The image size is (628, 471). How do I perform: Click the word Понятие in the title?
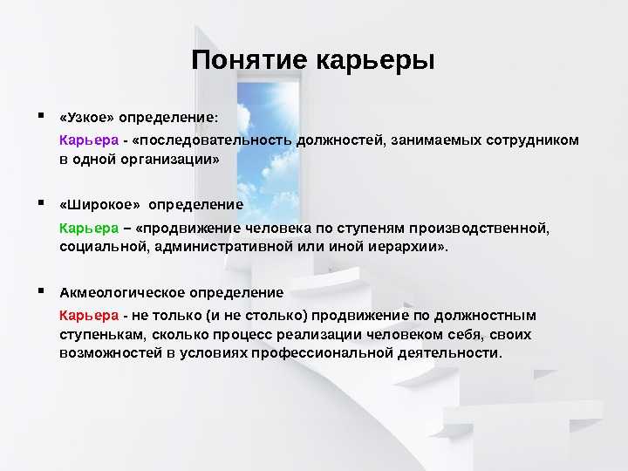249,60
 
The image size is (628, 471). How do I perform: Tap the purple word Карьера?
89,140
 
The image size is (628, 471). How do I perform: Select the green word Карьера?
89,229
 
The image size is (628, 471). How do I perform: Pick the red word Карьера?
89,316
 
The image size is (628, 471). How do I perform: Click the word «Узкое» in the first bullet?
87,118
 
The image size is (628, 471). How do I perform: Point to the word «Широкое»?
99,205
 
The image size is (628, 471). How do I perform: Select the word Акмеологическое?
122,292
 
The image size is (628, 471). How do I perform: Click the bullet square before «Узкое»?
41,116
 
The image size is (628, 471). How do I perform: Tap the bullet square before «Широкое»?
41,202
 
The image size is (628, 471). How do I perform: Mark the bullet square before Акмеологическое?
41,290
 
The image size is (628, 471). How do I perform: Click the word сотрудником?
533,140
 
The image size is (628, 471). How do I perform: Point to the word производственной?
479,229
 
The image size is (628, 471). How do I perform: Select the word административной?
224,247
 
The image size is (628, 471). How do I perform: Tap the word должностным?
486,316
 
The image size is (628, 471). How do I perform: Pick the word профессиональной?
323,353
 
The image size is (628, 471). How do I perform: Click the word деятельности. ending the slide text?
450,353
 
